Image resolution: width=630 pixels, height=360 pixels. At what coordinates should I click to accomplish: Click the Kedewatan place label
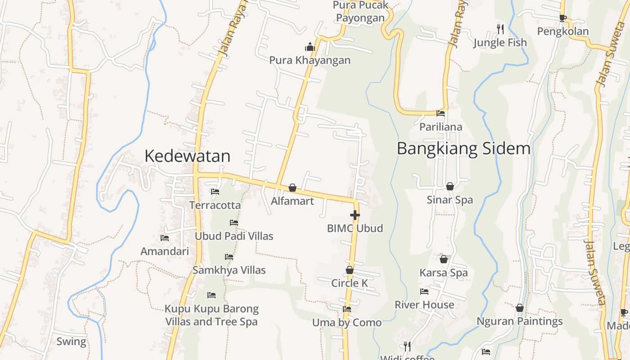point(187,156)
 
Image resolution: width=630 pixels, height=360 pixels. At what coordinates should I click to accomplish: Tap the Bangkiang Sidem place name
point(463,148)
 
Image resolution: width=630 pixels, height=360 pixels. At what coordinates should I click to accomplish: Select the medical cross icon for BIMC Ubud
point(355,215)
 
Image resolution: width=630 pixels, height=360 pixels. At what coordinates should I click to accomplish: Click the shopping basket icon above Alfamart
point(292,188)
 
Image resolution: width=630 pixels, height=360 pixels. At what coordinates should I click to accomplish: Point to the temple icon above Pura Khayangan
point(310,47)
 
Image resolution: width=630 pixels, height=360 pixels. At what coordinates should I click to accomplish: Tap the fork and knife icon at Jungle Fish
point(500,29)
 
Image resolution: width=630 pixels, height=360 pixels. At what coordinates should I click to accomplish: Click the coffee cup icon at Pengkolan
point(562,18)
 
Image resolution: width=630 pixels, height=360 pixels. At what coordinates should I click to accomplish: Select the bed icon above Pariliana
point(441,113)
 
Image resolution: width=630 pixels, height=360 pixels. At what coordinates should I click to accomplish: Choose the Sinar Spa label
point(450,200)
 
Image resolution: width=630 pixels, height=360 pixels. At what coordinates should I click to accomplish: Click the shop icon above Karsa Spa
point(444,259)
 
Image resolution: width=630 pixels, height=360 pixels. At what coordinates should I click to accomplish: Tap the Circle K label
point(350,283)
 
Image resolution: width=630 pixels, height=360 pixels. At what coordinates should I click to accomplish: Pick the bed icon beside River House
point(424,292)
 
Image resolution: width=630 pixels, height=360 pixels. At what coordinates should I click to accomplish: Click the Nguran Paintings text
point(520,321)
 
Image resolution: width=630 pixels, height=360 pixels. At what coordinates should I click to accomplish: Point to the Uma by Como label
point(347,323)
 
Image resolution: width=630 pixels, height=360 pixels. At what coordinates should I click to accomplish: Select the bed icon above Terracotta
point(215,192)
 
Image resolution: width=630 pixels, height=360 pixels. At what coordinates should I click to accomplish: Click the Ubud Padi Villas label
point(234,236)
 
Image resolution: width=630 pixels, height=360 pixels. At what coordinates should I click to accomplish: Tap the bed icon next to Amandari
point(165,238)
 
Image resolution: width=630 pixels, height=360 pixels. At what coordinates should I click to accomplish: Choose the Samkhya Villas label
point(229,270)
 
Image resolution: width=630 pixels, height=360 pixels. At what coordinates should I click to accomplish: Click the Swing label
point(71,342)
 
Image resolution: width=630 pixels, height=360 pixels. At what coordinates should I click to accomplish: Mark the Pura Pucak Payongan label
point(360,12)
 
